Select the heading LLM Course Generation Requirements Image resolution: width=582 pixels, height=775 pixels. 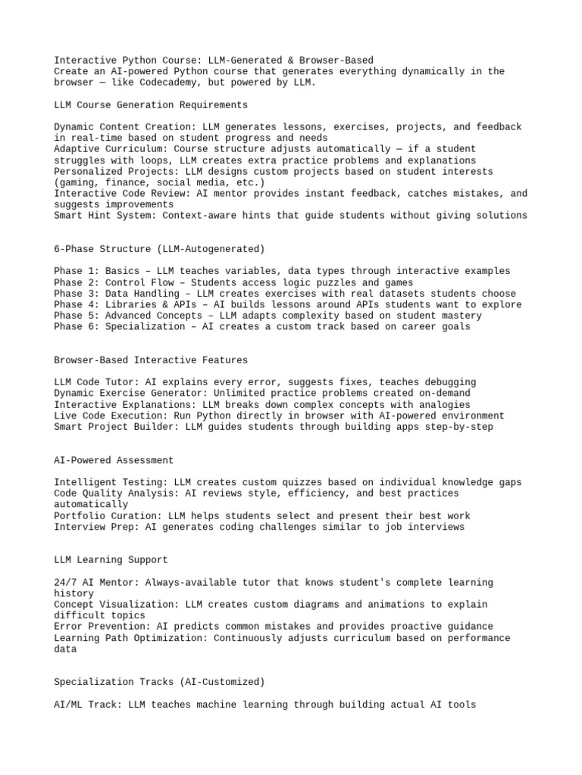(x=151, y=104)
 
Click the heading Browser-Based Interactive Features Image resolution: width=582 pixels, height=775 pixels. (x=151, y=360)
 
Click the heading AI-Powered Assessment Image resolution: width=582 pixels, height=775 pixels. (x=114, y=460)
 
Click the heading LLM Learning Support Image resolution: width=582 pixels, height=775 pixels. (x=111, y=560)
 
